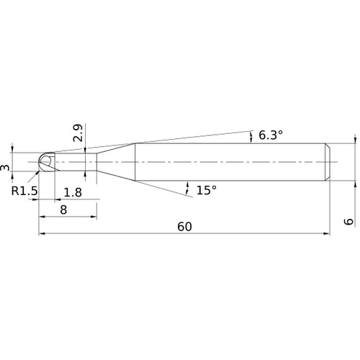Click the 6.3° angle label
click(x=271, y=135)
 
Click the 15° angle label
click(x=207, y=190)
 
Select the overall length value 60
click(x=184, y=227)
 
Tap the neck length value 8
click(x=63, y=210)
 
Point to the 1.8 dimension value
click(x=73, y=192)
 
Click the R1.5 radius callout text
click(x=24, y=191)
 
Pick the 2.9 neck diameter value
click(x=78, y=132)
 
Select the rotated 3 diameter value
click(x=5, y=167)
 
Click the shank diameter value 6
click(x=349, y=221)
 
